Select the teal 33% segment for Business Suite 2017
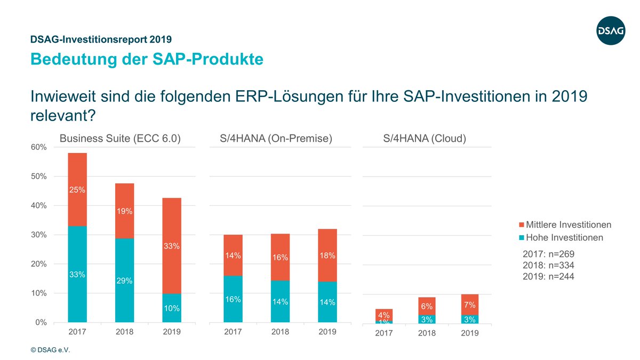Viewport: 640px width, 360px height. tap(77, 274)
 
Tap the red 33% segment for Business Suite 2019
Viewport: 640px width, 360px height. tap(172, 246)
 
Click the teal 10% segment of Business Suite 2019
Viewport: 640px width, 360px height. tap(172, 308)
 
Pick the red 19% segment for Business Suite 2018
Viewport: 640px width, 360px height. tap(125, 211)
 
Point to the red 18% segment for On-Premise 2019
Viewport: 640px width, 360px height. tap(327, 256)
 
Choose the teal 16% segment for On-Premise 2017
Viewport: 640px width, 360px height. tap(233, 299)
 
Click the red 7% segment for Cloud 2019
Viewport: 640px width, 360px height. tap(469, 305)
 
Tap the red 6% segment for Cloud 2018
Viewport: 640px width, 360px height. tap(427, 306)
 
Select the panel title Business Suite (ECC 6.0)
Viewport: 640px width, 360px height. tap(120, 139)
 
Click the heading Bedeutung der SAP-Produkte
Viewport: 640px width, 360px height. tap(147, 59)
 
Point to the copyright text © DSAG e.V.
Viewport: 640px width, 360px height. tap(50, 350)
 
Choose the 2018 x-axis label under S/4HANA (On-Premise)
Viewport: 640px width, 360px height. tap(280, 332)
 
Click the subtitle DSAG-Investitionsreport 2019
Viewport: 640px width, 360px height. tap(101, 39)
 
